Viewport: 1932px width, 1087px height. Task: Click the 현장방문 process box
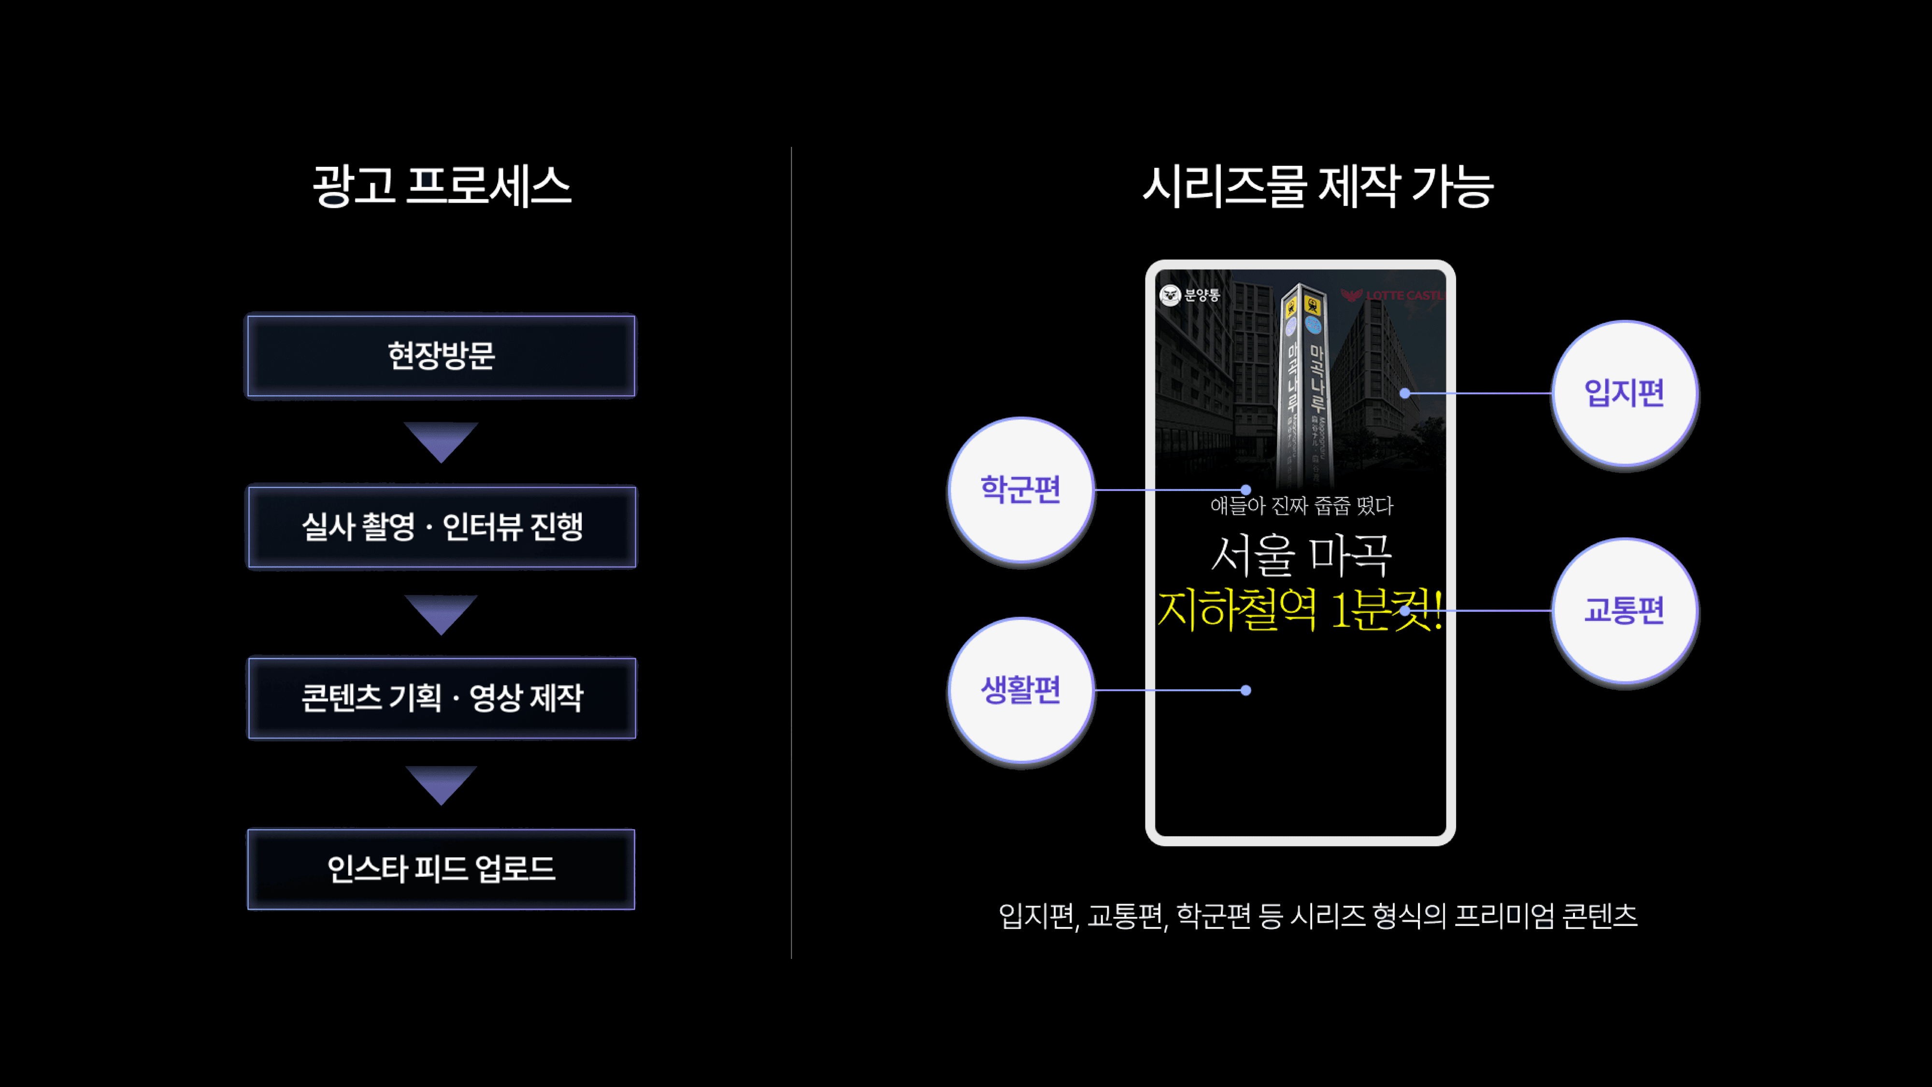coord(441,356)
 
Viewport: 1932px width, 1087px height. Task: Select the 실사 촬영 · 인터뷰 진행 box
coord(441,527)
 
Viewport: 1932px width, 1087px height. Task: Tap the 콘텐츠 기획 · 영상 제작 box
coord(441,697)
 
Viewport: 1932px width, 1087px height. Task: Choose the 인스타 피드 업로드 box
coord(441,869)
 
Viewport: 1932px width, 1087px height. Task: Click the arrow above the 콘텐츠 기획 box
coord(441,613)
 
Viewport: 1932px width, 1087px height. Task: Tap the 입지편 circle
coord(1624,393)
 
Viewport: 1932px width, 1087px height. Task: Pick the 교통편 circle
coord(1624,610)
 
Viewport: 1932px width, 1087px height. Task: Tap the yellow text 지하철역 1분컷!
coord(1299,609)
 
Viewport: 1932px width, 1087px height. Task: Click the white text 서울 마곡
coord(1301,555)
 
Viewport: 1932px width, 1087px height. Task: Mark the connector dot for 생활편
coord(1246,690)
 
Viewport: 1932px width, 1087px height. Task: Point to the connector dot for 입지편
coord(1405,393)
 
